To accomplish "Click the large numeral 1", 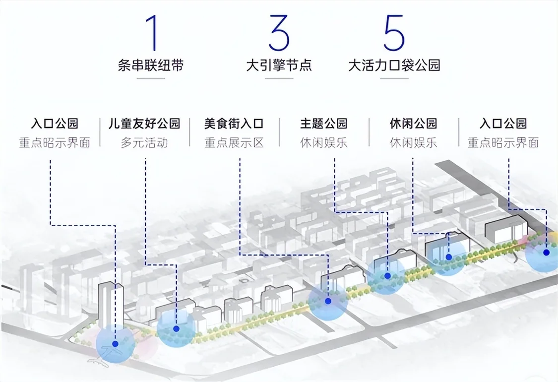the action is click(152, 33).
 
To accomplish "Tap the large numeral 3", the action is click(279, 33).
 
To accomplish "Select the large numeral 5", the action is click(394, 33).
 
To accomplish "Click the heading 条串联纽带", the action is click(151, 65).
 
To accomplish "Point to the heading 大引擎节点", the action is click(279, 65).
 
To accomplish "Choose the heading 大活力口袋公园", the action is click(394, 65).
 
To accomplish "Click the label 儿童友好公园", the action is click(144, 124).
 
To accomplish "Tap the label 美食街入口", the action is click(234, 124).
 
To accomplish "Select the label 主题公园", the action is click(323, 124).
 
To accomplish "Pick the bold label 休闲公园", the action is click(413, 124).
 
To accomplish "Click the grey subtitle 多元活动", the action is click(144, 143).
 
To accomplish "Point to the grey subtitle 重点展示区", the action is click(234, 143).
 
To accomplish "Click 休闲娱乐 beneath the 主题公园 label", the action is click(323, 143).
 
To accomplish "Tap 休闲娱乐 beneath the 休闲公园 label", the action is click(413, 143).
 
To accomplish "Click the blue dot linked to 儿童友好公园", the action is click(176, 328).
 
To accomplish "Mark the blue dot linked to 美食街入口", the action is click(328, 301).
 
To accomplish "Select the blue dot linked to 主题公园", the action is click(387, 275).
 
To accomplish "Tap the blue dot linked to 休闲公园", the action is click(449, 256).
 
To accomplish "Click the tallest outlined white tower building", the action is click(111, 306).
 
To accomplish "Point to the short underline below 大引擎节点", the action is click(279, 78).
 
